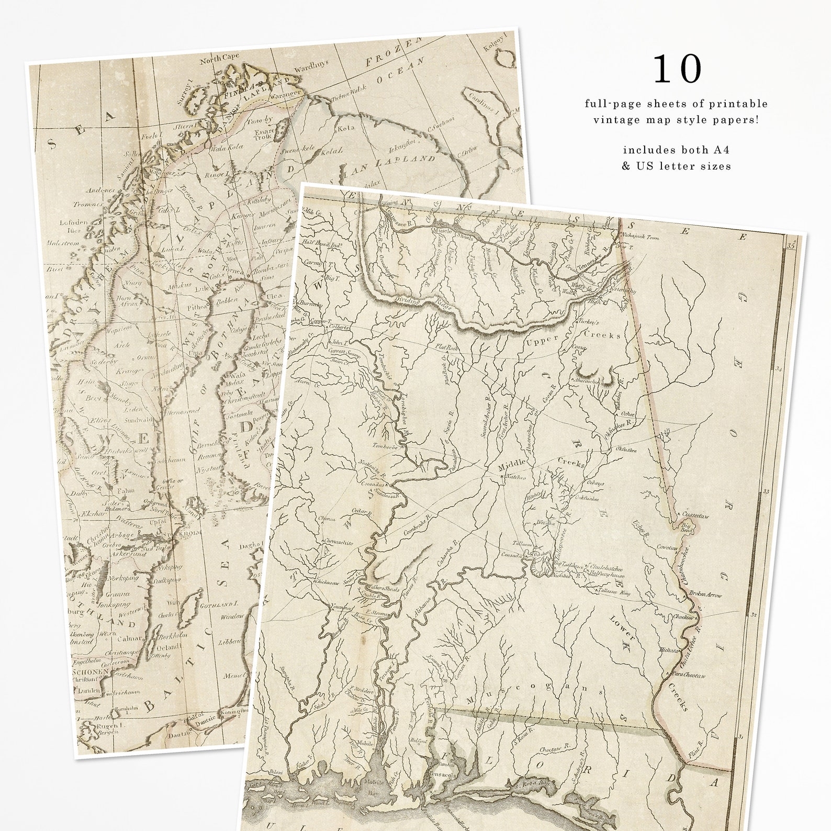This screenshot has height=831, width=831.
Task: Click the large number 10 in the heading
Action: pos(677,69)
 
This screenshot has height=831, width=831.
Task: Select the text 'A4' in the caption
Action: pos(722,150)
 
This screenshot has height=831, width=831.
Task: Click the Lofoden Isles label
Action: pos(70,225)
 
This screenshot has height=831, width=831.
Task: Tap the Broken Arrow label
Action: pos(706,595)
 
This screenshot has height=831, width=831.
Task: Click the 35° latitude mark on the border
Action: pos(790,243)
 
